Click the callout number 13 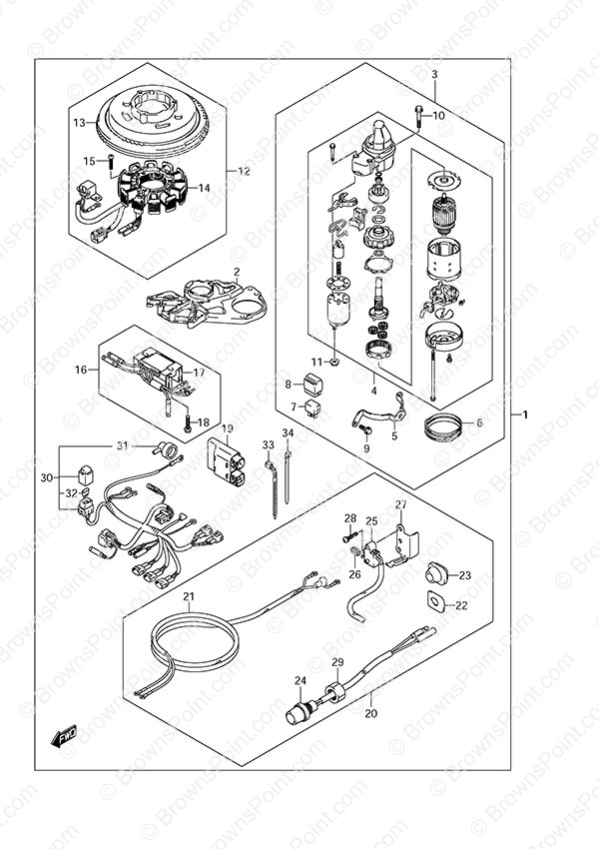80,123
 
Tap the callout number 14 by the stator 204,188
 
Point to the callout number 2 237,272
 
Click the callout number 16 80,369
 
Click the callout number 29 337,663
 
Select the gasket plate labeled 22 435,603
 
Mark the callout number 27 400,504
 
